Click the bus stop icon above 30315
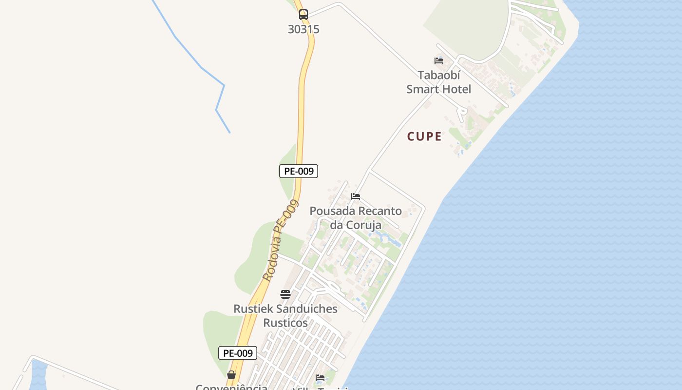(303, 15)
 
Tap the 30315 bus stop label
(303, 29)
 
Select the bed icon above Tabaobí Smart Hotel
(439, 61)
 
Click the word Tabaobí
(439, 76)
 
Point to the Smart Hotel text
(439, 89)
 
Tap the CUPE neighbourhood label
(424, 136)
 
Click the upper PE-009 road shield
(299, 171)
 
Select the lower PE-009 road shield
(238, 353)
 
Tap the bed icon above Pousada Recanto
(356, 196)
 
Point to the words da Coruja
(356, 225)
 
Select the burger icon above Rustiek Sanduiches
(285, 294)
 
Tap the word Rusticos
(285, 323)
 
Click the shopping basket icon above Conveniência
(231, 375)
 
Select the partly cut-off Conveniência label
(231, 387)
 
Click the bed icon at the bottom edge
(320, 378)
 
